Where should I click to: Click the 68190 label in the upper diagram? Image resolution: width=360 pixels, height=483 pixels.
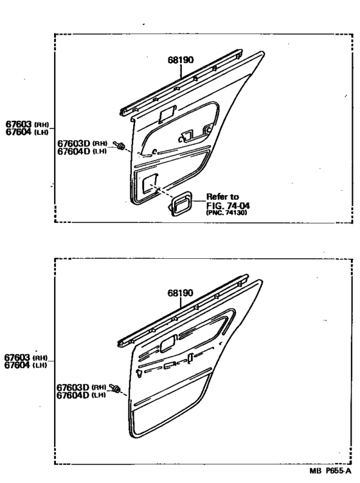pyautogui.click(x=181, y=60)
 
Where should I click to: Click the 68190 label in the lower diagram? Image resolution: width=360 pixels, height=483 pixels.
pyautogui.click(x=180, y=293)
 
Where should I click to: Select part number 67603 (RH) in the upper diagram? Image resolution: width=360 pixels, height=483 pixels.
pyautogui.click(x=28, y=124)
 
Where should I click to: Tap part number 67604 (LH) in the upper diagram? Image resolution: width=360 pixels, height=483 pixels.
pyautogui.click(x=28, y=132)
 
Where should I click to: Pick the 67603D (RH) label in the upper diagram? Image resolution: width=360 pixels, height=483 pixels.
pyautogui.click(x=82, y=143)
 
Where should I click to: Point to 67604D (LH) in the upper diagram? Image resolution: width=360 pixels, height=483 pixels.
pyautogui.click(x=82, y=151)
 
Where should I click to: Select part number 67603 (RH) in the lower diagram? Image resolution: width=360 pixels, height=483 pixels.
pyautogui.click(x=26, y=357)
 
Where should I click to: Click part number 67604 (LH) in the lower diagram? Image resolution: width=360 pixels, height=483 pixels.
pyautogui.click(x=26, y=365)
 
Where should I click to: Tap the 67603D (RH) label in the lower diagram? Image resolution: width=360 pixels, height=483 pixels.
pyautogui.click(x=82, y=387)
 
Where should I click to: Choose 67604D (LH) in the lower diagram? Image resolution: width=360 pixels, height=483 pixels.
pyautogui.click(x=81, y=395)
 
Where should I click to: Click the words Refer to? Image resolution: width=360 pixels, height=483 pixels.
pyautogui.click(x=222, y=197)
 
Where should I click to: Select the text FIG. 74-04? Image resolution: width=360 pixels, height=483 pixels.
pyautogui.click(x=228, y=205)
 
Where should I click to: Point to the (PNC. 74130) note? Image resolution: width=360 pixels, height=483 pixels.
pyautogui.click(x=226, y=213)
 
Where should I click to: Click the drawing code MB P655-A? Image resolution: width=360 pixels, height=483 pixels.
pyautogui.click(x=330, y=471)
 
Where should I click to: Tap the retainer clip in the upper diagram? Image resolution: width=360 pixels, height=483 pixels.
pyautogui.click(x=119, y=145)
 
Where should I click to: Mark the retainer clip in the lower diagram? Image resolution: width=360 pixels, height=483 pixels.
pyautogui.click(x=115, y=388)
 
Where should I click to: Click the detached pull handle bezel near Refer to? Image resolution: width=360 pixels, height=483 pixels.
pyautogui.click(x=180, y=204)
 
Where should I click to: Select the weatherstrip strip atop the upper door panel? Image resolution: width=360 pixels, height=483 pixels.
pyautogui.click(x=181, y=83)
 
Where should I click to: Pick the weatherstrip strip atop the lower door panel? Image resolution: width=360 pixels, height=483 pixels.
pyautogui.click(x=183, y=311)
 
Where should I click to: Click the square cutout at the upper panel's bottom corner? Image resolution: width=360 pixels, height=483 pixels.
pyautogui.click(x=150, y=184)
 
